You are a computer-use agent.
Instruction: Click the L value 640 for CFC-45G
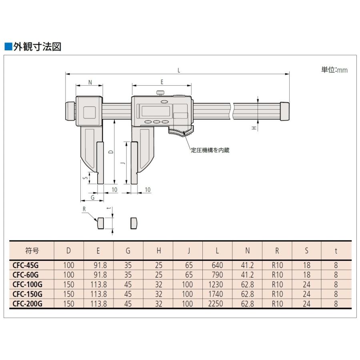(217, 266)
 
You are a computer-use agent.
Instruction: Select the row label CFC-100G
(27, 284)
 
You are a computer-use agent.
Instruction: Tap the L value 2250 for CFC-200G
(215, 304)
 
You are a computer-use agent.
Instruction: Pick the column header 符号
(32, 250)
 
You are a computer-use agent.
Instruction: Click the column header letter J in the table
(189, 250)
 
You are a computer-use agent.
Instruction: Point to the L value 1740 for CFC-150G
(215, 294)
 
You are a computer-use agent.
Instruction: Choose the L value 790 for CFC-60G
(217, 275)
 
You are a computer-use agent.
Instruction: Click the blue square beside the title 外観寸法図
(8, 47)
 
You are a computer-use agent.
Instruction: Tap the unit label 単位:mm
(334, 70)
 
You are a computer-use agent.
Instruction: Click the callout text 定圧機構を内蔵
(210, 150)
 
